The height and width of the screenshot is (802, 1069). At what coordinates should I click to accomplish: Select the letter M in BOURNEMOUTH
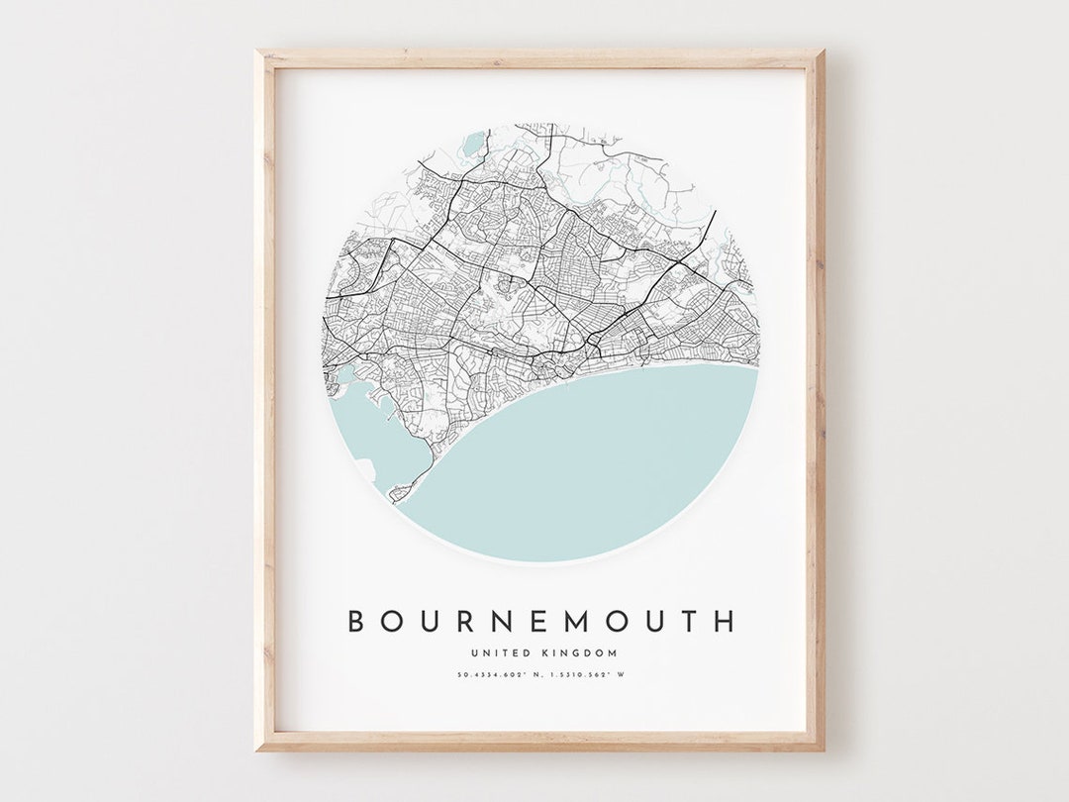pyautogui.click(x=591, y=621)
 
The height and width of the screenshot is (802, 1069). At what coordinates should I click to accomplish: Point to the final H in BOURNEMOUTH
pyautogui.click(x=726, y=621)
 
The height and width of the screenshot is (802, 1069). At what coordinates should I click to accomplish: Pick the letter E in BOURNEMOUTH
pyautogui.click(x=549, y=621)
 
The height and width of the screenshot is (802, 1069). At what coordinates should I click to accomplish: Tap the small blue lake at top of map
pyautogui.click(x=472, y=143)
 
